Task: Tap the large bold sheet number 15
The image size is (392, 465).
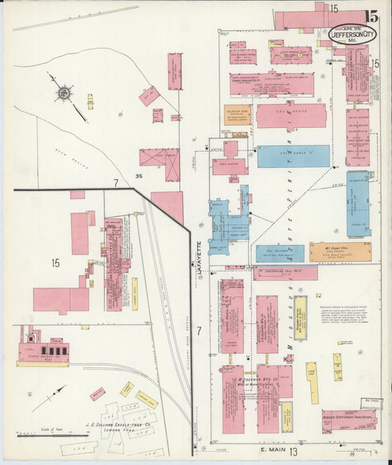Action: pos(371,16)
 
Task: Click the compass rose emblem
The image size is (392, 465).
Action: pos(64,93)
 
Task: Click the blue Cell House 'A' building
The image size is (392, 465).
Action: pos(293,156)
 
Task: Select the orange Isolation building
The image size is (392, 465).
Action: pos(238,116)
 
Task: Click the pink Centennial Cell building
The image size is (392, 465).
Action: pos(285,273)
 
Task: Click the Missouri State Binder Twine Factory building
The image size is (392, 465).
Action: pos(349,419)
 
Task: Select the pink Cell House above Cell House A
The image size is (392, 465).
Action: pos(291,116)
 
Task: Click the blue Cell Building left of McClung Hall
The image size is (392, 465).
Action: pos(279,254)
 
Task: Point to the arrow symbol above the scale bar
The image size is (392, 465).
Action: pos(49,398)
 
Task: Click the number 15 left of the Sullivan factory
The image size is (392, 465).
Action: pos(55,262)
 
